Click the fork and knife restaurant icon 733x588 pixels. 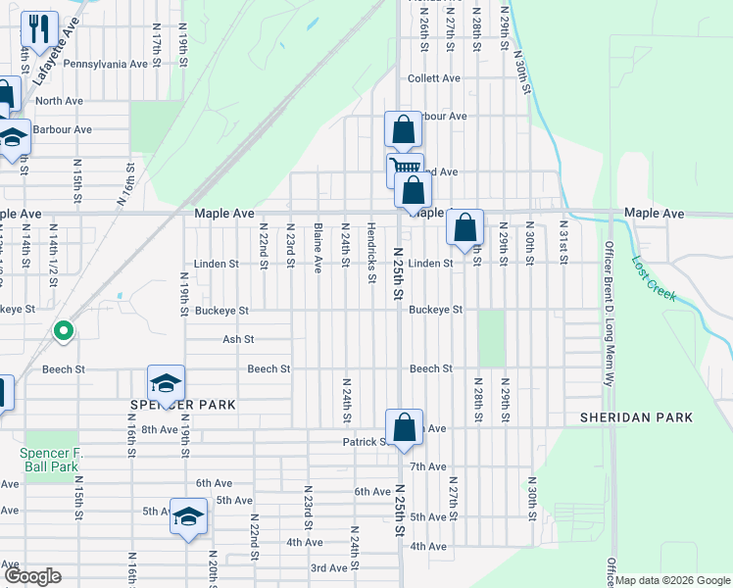click(x=39, y=29)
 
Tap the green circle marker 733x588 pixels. click(x=64, y=332)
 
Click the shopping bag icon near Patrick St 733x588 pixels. click(x=404, y=427)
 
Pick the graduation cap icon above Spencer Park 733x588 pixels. click(x=167, y=383)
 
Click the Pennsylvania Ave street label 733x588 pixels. click(x=105, y=64)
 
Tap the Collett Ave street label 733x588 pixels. click(x=434, y=78)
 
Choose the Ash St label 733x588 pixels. click(x=238, y=339)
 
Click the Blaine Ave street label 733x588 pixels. click(x=318, y=252)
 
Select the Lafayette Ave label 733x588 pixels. click(x=54, y=57)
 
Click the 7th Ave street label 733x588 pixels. click(x=428, y=466)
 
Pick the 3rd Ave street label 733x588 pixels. click(x=329, y=568)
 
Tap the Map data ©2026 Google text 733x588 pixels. click(x=672, y=580)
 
